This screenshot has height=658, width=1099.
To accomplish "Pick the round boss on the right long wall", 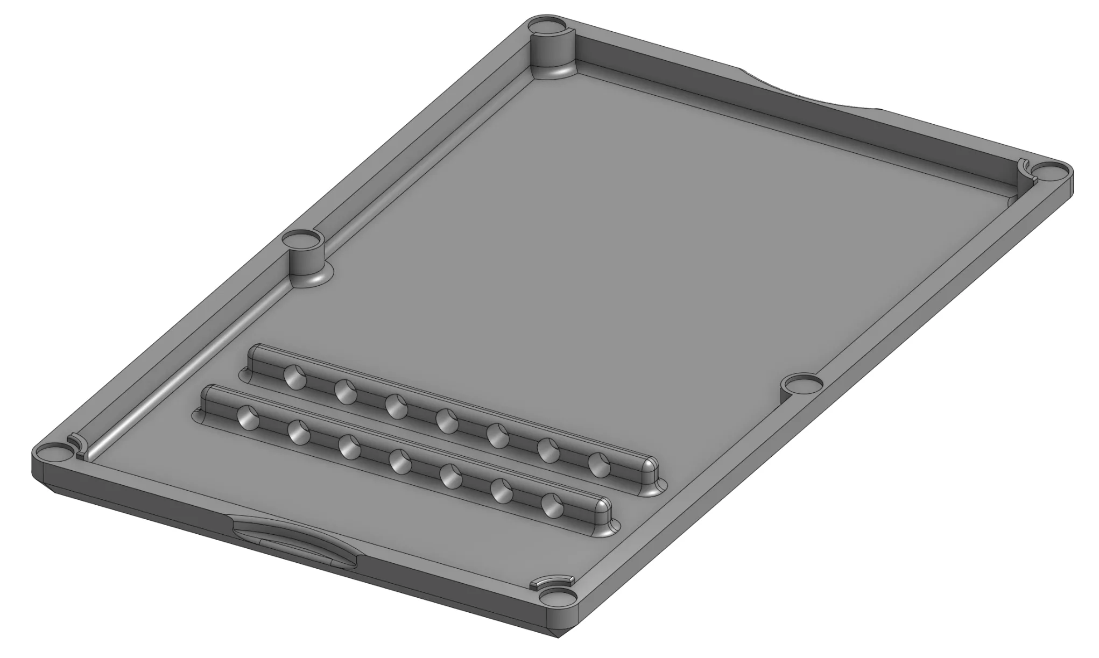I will click(802, 384).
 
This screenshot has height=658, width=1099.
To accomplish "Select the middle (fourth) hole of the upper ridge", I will click(447, 421).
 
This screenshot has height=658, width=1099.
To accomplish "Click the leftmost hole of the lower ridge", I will click(248, 416).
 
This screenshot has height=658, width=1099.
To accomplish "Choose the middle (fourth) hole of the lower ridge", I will click(400, 462).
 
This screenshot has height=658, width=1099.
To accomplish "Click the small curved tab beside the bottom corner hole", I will click(549, 582).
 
